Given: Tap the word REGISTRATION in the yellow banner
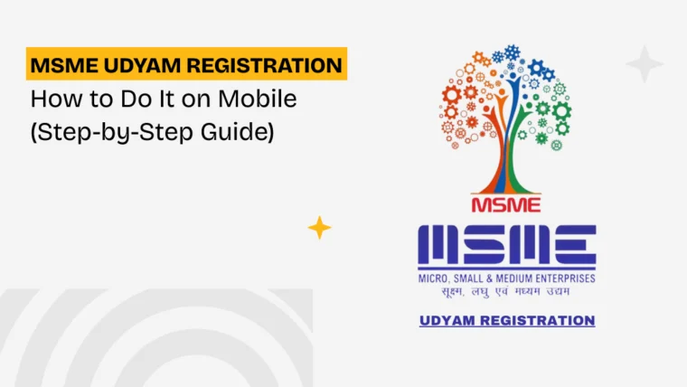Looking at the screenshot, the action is click(265, 66).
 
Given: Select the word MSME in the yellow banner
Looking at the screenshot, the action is click(64, 66).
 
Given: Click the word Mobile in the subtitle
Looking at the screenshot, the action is click(258, 99).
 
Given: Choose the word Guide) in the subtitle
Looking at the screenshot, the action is click(238, 132).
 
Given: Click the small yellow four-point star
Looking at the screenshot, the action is click(319, 228).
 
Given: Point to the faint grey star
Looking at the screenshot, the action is click(645, 64).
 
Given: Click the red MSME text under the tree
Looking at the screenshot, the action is click(506, 205).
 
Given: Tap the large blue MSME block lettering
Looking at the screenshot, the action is click(507, 244).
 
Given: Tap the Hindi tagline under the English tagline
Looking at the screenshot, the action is click(505, 291).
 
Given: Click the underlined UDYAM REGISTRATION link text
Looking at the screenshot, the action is click(507, 320).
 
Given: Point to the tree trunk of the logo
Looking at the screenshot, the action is click(506, 166).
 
